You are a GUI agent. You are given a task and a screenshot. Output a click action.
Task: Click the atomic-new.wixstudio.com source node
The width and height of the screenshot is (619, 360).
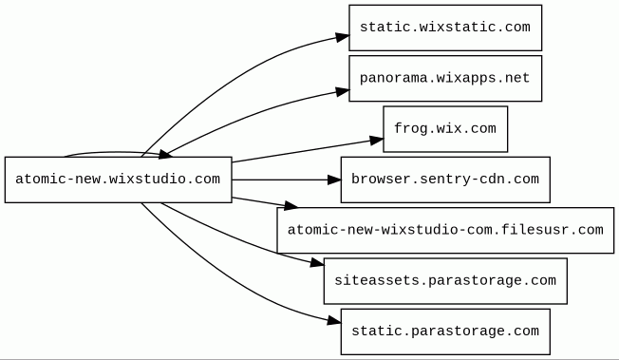[118, 180]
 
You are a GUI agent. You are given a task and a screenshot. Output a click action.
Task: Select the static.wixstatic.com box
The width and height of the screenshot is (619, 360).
[445, 28]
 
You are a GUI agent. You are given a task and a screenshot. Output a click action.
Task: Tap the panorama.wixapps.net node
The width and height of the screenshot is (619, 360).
[445, 78]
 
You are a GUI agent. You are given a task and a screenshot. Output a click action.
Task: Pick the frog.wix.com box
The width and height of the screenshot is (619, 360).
[445, 129]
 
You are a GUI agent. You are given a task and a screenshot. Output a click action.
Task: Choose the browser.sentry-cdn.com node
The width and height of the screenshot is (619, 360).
[445, 180]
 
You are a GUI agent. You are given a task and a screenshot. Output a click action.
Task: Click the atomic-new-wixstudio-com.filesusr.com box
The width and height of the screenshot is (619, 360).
[445, 231]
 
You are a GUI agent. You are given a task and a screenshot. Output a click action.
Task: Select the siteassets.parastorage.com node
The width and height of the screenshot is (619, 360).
[445, 281]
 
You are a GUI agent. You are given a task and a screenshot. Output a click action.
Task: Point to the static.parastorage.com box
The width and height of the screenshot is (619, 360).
[445, 332]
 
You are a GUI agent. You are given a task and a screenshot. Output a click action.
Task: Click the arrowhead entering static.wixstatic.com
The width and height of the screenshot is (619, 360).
[343, 37]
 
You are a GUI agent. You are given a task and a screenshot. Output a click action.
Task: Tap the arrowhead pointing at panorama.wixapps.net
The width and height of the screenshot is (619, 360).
[343, 92]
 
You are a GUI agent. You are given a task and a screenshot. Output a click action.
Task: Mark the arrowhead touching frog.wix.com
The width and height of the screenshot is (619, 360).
[377, 141]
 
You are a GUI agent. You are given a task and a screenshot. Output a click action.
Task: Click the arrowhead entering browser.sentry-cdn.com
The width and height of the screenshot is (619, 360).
[334, 180]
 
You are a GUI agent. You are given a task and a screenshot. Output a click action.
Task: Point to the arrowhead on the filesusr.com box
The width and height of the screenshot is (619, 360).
[291, 205]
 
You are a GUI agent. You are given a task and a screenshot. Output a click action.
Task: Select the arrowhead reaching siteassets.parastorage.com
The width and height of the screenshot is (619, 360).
[317, 262]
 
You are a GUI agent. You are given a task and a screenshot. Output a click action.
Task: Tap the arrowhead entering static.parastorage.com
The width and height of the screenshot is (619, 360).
[334, 321]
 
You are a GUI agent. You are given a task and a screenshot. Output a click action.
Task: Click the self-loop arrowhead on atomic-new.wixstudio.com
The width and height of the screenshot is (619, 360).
[165, 155]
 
